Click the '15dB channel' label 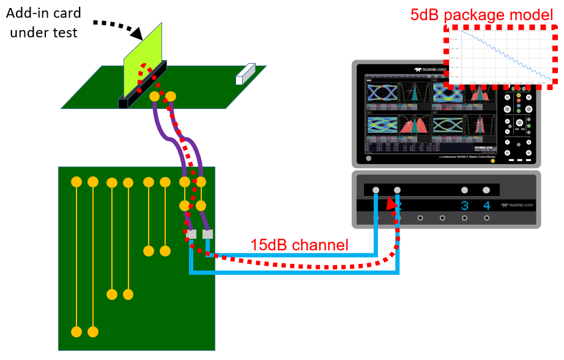(299, 246)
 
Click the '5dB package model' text (482, 13)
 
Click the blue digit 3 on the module (465, 206)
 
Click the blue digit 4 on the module (487, 206)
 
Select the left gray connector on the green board (191, 234)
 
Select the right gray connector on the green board (207, 234)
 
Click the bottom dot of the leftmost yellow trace (76, 331)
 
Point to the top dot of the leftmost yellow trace (76, 182)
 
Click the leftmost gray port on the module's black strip (376, 190)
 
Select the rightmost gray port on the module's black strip (486, 190)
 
